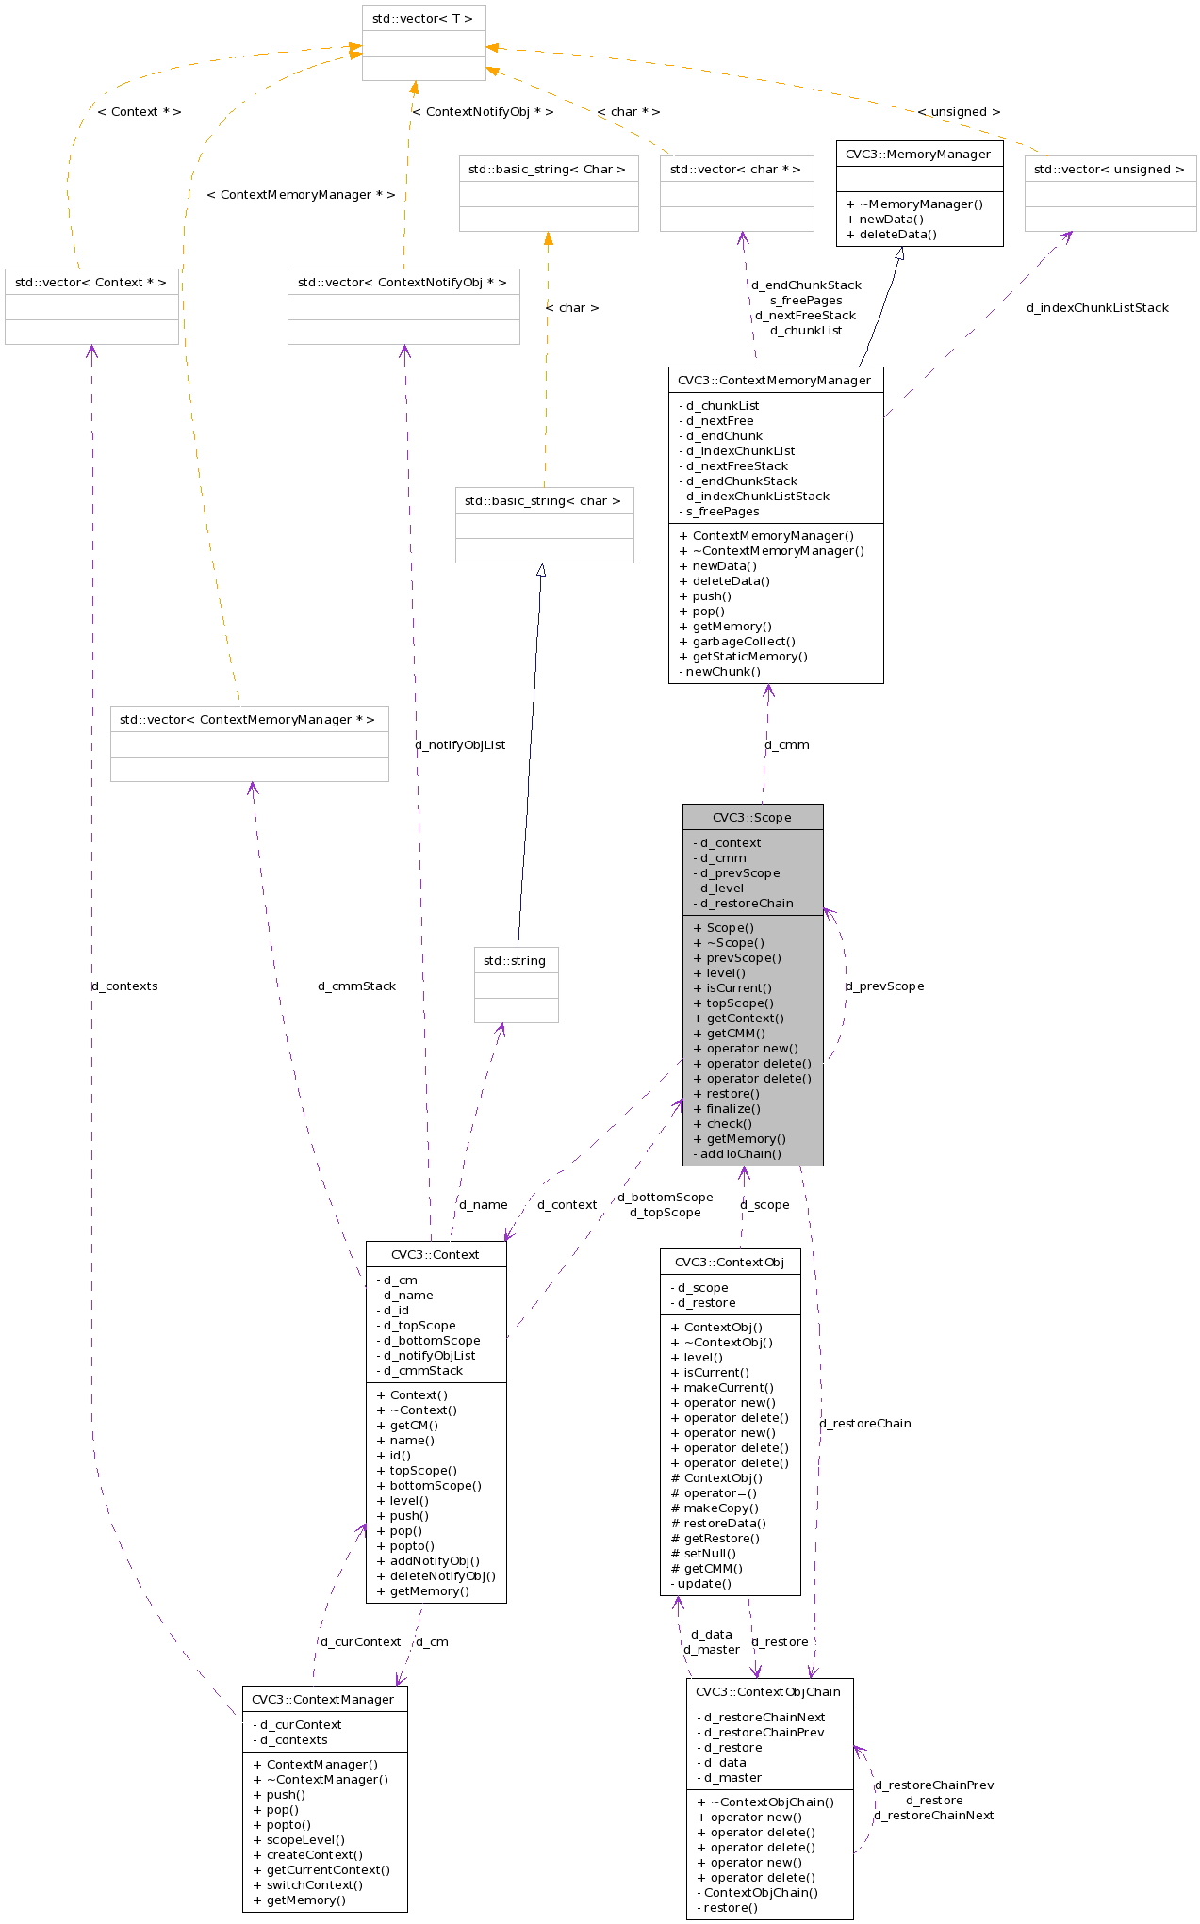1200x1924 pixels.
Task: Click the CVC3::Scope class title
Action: [752, 817]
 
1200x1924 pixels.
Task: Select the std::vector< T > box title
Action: [423, 18]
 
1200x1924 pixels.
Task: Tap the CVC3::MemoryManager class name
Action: [918, 154]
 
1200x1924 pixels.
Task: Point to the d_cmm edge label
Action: [787, 744]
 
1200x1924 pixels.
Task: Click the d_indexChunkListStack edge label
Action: [1097, 307]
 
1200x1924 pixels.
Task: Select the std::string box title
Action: [515, 960]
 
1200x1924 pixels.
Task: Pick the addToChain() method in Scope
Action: [740, 1153]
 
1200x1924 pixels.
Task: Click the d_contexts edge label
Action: [124, 986]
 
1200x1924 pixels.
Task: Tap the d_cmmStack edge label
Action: [357, 986]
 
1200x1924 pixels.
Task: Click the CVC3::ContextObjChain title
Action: [768, 1691]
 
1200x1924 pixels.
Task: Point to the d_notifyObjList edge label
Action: [460, 744]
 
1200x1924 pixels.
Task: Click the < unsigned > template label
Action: [959, 111]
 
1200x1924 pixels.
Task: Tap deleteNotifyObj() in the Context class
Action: [442, 1575]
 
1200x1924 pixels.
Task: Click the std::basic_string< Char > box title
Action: [547, 169]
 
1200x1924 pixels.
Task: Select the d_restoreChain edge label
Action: [865, 1423]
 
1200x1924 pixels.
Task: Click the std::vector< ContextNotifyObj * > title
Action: [403, 282]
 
